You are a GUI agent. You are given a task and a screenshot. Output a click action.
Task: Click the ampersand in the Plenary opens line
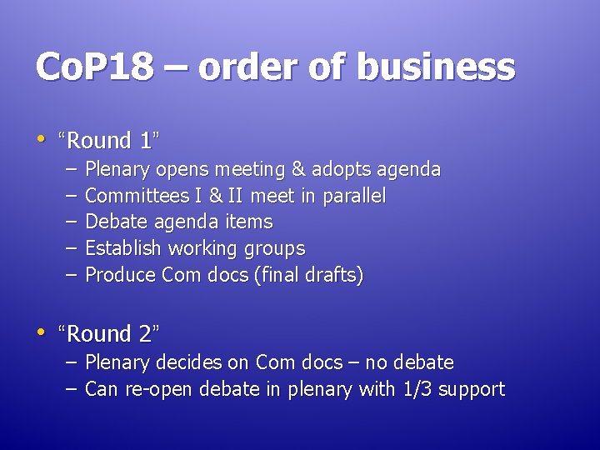tap(297, 170)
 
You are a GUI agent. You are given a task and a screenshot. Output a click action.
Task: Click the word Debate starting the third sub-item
tap(113, 222)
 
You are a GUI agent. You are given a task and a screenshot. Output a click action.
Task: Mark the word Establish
tap(124, 248)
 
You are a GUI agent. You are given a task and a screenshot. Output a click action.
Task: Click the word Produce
tap(121, 275)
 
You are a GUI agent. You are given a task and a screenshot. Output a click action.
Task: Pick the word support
tap(472, 390)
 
